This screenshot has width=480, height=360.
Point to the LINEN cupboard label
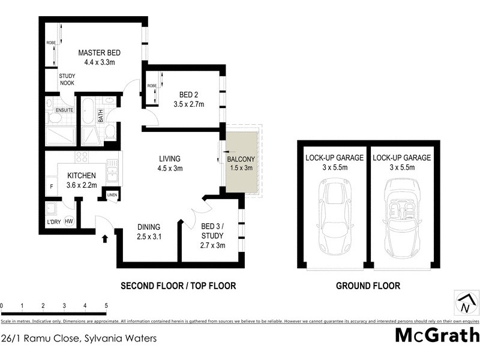pos(112,195)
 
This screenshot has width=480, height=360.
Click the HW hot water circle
pos(69,221)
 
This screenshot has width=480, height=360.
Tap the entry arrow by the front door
pos(106,238)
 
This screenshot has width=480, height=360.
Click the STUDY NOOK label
pos(67,79)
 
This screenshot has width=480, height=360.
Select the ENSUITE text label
pos(64,110)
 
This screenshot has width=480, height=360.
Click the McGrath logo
pos(437,335)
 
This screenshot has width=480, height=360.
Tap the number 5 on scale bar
pos(106,306)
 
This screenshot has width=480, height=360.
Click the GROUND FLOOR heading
pos(368,286)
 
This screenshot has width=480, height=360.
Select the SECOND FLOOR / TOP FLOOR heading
pos(178,286)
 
